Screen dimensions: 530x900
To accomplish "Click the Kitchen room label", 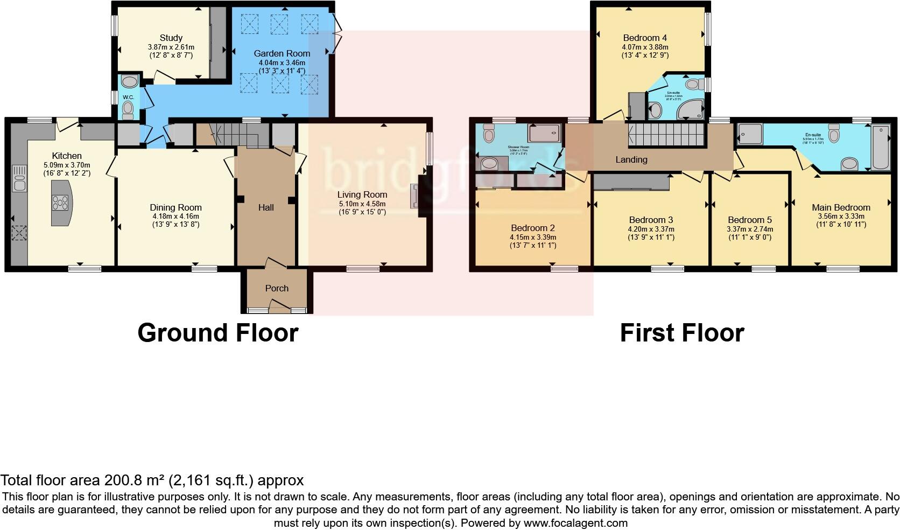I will [67, 156].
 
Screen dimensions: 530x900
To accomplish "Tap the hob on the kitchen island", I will [59, 202].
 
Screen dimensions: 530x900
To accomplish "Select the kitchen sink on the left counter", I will [19, 178].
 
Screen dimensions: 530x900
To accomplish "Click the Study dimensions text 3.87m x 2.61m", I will [171, 47].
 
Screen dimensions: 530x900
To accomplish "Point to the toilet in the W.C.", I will [128, 111].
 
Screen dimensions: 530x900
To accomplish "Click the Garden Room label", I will [282, 53].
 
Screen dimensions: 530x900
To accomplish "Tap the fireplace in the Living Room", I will [415, 196].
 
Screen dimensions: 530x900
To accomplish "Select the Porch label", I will [277, 288].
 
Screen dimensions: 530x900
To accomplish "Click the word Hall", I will [266, 207].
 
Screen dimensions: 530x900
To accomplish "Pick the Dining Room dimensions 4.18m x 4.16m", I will [175, 217].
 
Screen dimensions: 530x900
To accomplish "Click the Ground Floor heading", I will [218, 333].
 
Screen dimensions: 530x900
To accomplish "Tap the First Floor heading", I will [682, 333].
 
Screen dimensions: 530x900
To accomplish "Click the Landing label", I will [631, 159].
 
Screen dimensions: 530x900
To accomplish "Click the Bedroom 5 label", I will [749, 220].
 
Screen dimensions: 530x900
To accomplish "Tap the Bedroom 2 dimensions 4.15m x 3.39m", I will [532, 237].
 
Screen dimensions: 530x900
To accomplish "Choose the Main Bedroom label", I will [841, 207].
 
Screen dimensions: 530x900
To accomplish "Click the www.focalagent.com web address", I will [575, 522].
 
